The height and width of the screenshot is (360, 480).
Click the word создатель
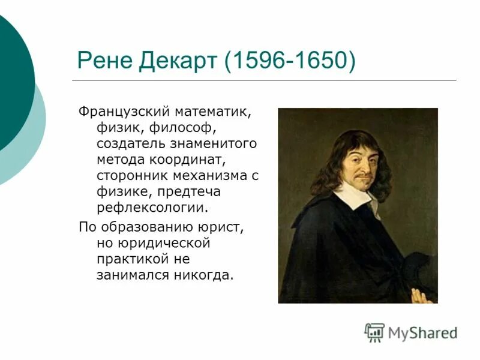(x=128, y=145)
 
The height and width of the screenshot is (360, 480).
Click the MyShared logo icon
(x=374, y=332)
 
